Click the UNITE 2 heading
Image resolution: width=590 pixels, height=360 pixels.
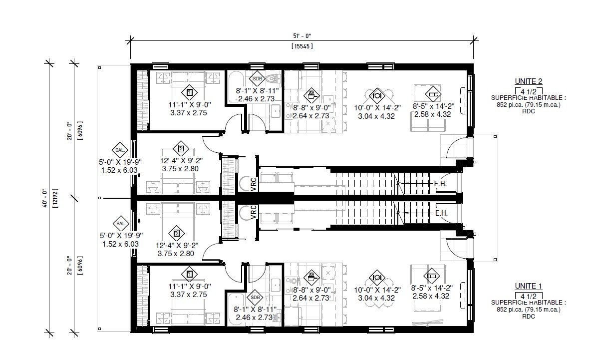528,81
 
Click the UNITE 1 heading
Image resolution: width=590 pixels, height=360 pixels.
528,286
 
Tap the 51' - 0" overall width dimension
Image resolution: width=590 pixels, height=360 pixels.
302,36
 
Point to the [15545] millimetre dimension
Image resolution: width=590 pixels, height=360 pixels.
302,46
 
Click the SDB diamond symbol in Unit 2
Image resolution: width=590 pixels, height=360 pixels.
258,79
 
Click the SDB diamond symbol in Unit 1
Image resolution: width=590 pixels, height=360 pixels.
255,298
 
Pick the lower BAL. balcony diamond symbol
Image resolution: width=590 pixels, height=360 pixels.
121,224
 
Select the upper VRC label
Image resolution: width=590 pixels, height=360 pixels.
254,184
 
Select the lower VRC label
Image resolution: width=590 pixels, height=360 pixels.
254,212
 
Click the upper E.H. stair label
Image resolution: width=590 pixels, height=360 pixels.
440,184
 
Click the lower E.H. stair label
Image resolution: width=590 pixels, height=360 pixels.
441,213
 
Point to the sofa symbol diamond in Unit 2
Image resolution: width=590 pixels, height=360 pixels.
433,94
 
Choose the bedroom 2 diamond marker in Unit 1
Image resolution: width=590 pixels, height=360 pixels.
177,234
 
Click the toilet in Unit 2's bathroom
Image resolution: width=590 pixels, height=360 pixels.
273,79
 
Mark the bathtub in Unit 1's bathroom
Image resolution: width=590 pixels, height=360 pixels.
237,309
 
